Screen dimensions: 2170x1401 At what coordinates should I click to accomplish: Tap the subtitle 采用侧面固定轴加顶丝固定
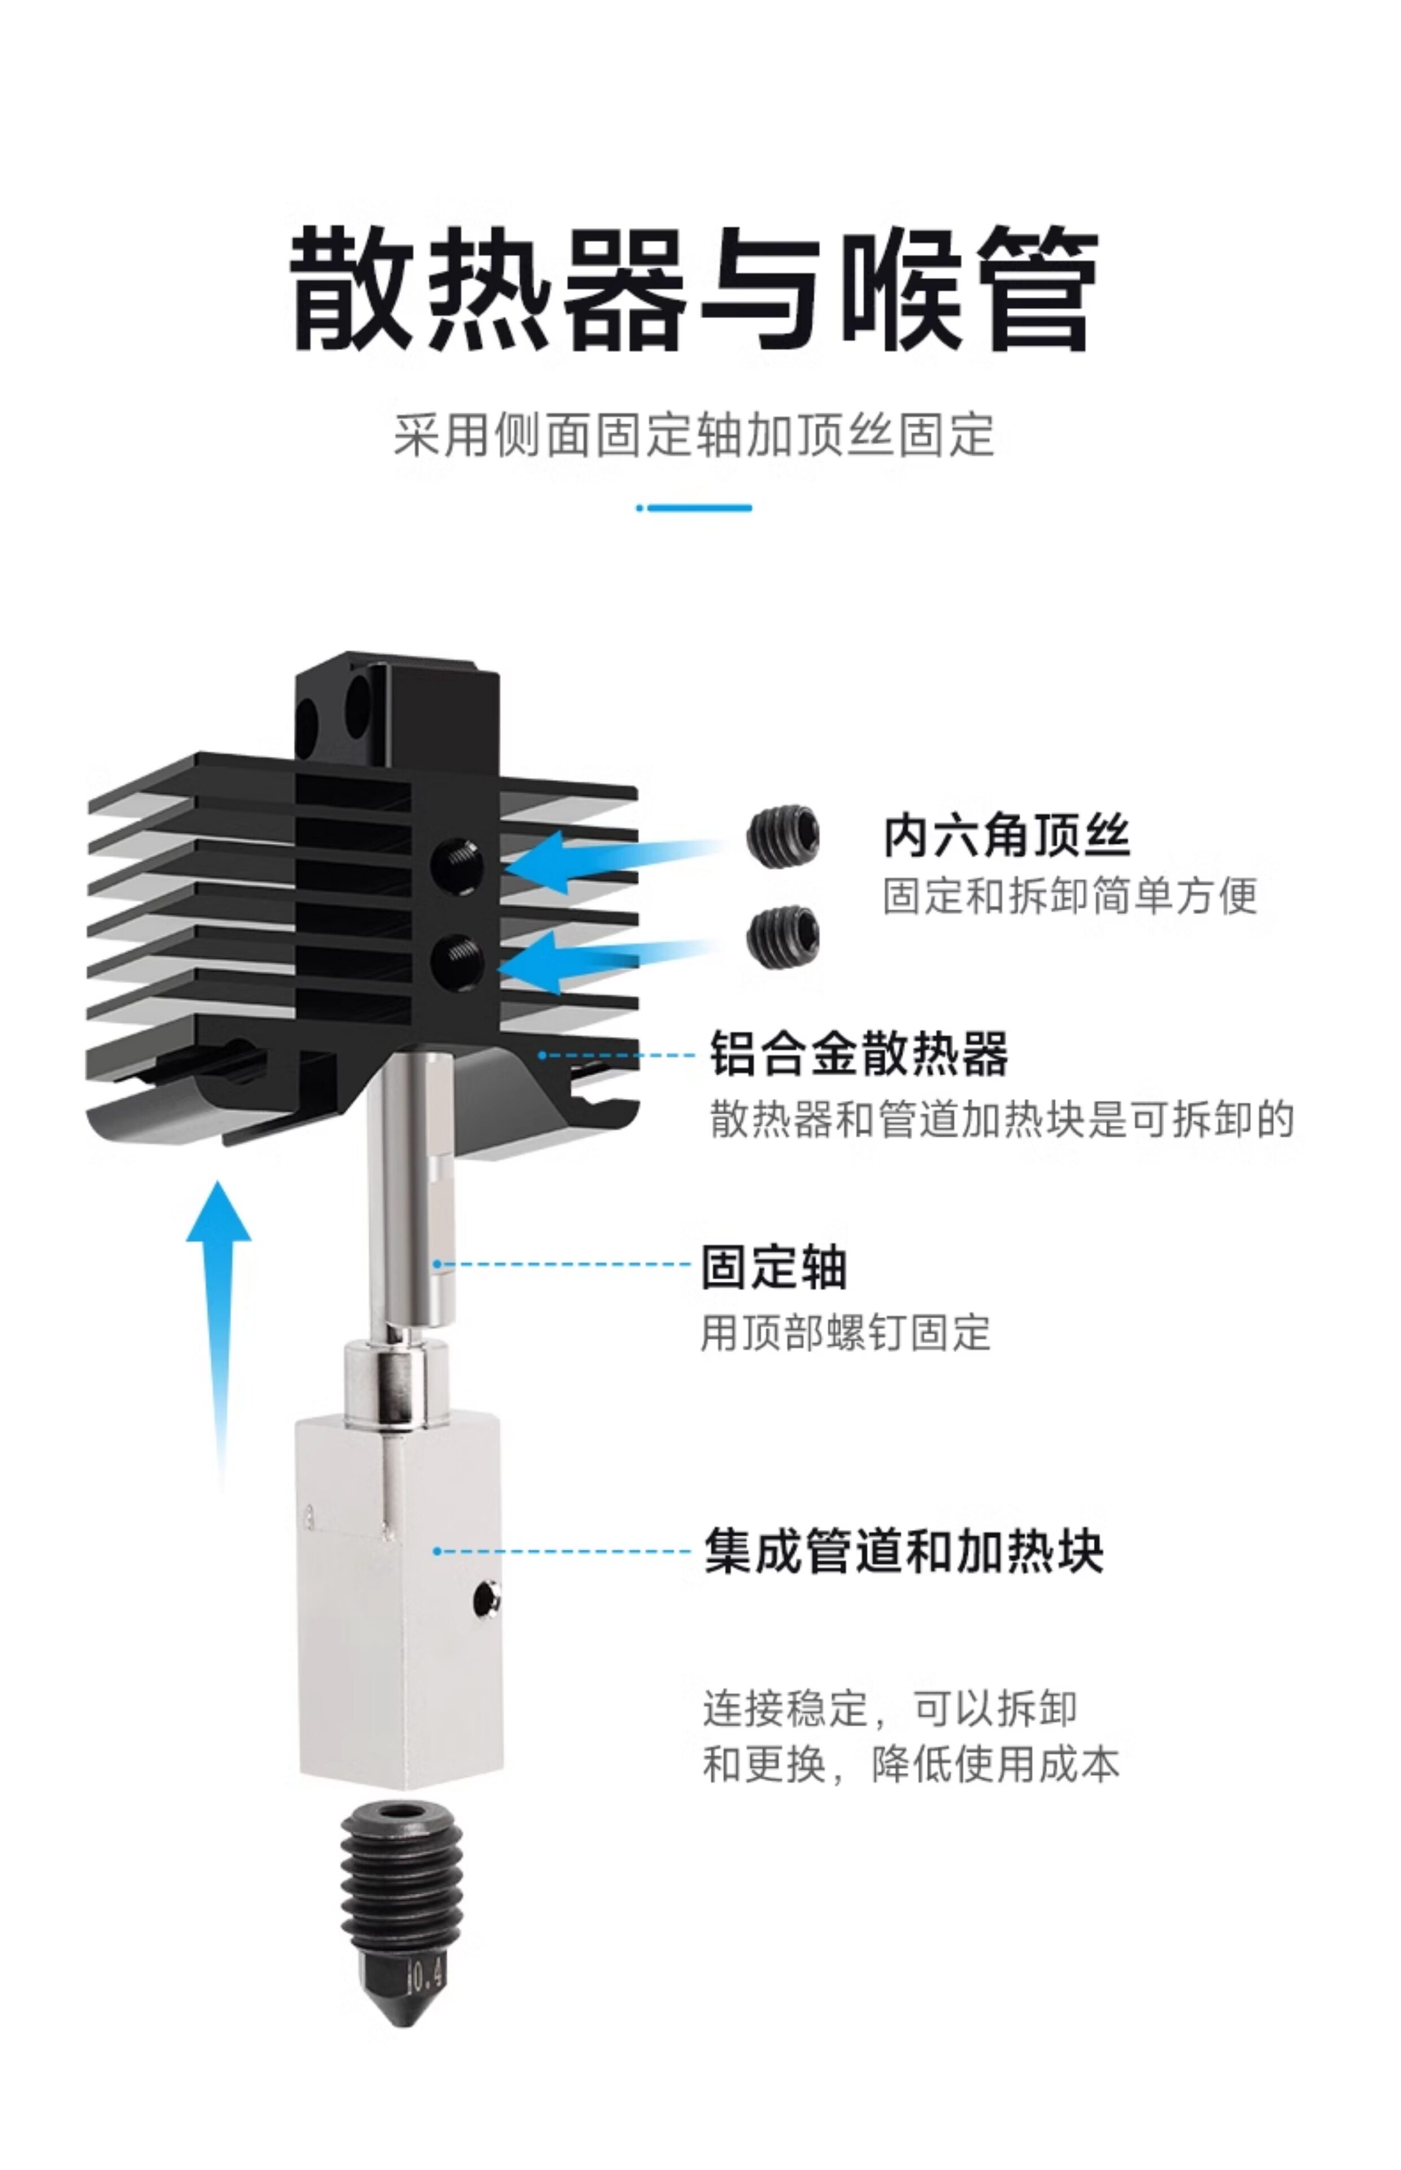693,435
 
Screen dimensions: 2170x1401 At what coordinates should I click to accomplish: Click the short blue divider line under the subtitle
694,507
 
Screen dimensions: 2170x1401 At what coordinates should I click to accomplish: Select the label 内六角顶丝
1006,835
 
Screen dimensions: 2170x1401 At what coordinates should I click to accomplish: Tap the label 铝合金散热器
859,1053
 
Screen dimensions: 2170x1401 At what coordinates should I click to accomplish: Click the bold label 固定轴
773,1266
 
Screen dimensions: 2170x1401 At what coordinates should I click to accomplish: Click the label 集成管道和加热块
903,1551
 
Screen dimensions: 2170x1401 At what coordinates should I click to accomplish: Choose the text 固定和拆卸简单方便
1070,896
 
